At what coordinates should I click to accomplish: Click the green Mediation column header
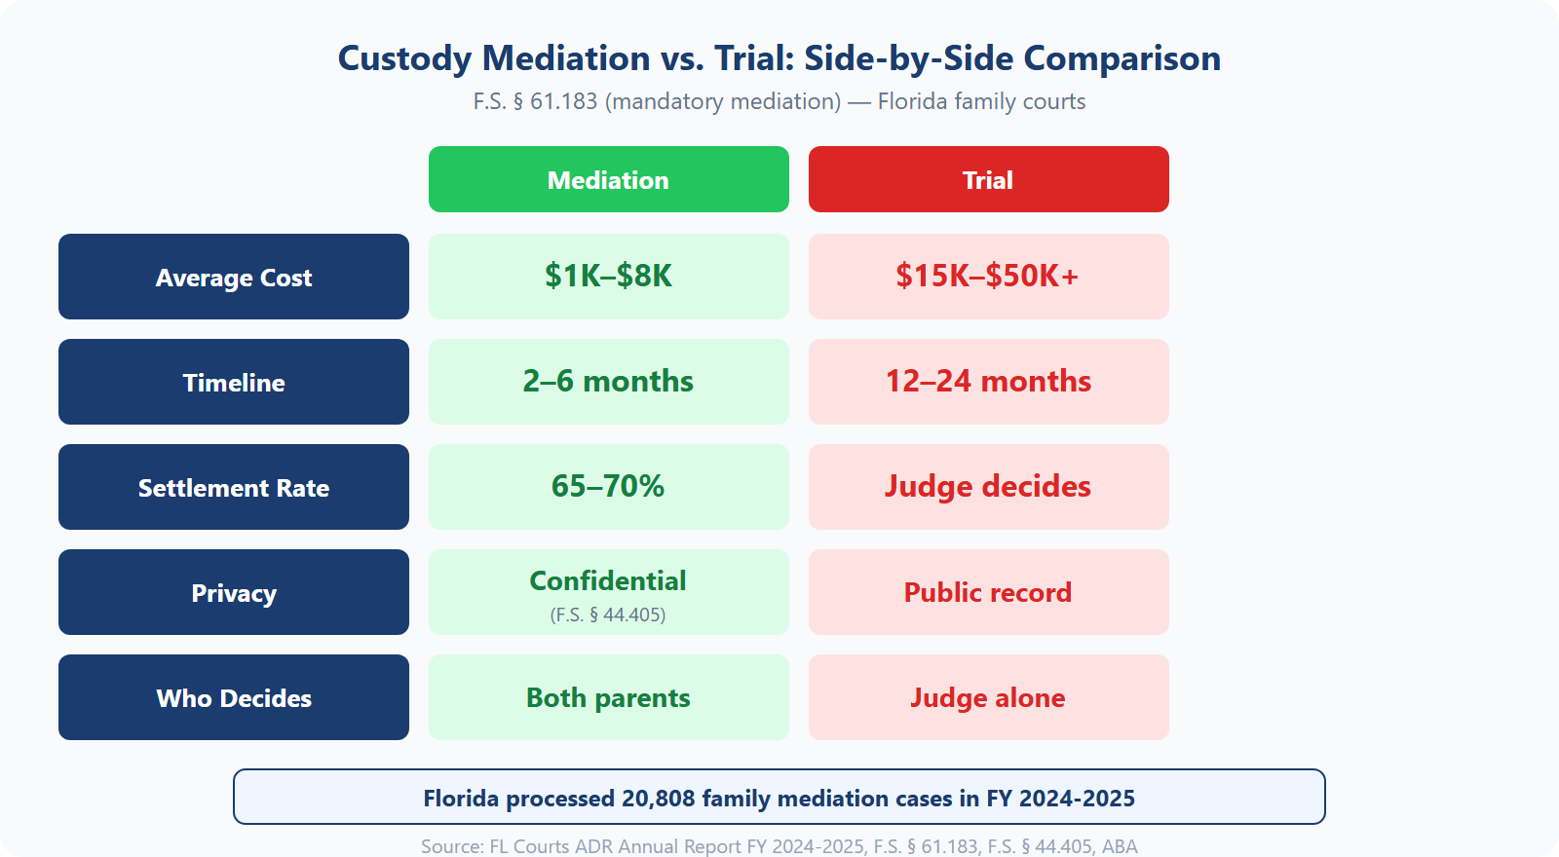(x=608, y=179)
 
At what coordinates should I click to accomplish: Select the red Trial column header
(x=988, y=179)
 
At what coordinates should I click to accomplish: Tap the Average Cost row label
(x=234, y=277)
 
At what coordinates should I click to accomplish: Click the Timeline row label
(x=234, y=382)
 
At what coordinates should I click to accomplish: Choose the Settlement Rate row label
(x=234, y=487)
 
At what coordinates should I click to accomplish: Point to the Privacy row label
(x=234, y=592)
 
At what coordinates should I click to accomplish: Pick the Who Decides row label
(x=234, y=697)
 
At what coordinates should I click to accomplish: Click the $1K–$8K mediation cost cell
(x=608, y=276)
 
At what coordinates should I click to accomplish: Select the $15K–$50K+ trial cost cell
(x=988, y=276)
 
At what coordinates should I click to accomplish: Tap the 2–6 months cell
(x=608, y=381)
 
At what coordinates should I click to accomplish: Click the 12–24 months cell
(x=988, y=381)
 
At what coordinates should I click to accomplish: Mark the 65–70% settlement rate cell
(x=608, y=486)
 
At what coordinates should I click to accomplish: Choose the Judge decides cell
(x=988, y=486)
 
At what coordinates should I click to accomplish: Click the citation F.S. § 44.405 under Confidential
(x=608, y=615)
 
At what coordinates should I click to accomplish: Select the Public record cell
(x=988, y=592)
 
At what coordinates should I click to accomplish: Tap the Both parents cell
(x=608, y=697)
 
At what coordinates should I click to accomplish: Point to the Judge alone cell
(x=988, y=697)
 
